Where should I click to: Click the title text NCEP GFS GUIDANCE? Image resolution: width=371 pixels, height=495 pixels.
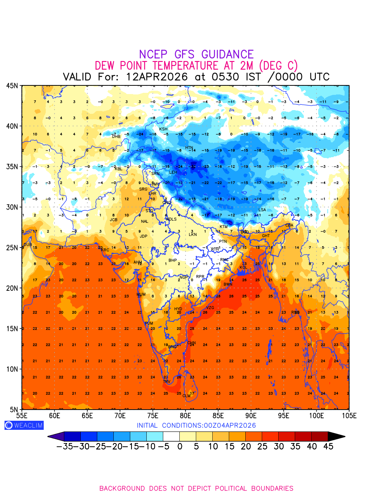click(196, 54)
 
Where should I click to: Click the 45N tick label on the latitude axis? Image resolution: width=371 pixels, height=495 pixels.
click(12, 85)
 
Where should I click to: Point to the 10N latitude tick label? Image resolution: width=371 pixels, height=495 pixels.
click(12, 369)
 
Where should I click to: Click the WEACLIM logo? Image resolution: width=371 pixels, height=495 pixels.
click(24, 425)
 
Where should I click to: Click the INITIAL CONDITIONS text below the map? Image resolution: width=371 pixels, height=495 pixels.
click(196, 425)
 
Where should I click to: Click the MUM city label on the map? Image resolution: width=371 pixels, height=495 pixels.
click(141, 295)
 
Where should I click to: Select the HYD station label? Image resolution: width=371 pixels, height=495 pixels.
click(178, 309)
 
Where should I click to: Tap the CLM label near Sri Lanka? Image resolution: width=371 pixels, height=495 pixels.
click(186, 396)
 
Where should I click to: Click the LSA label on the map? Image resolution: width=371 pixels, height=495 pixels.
click(262, 210)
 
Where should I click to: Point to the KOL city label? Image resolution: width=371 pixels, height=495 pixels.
click(244, 268)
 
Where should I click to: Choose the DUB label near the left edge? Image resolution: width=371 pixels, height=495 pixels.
click(28, 245)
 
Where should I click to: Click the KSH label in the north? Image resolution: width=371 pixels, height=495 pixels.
click(164, 129)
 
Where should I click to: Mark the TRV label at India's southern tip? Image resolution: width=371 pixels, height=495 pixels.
click(167, 382)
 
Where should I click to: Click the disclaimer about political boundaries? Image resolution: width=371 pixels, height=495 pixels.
click(196, 488)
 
